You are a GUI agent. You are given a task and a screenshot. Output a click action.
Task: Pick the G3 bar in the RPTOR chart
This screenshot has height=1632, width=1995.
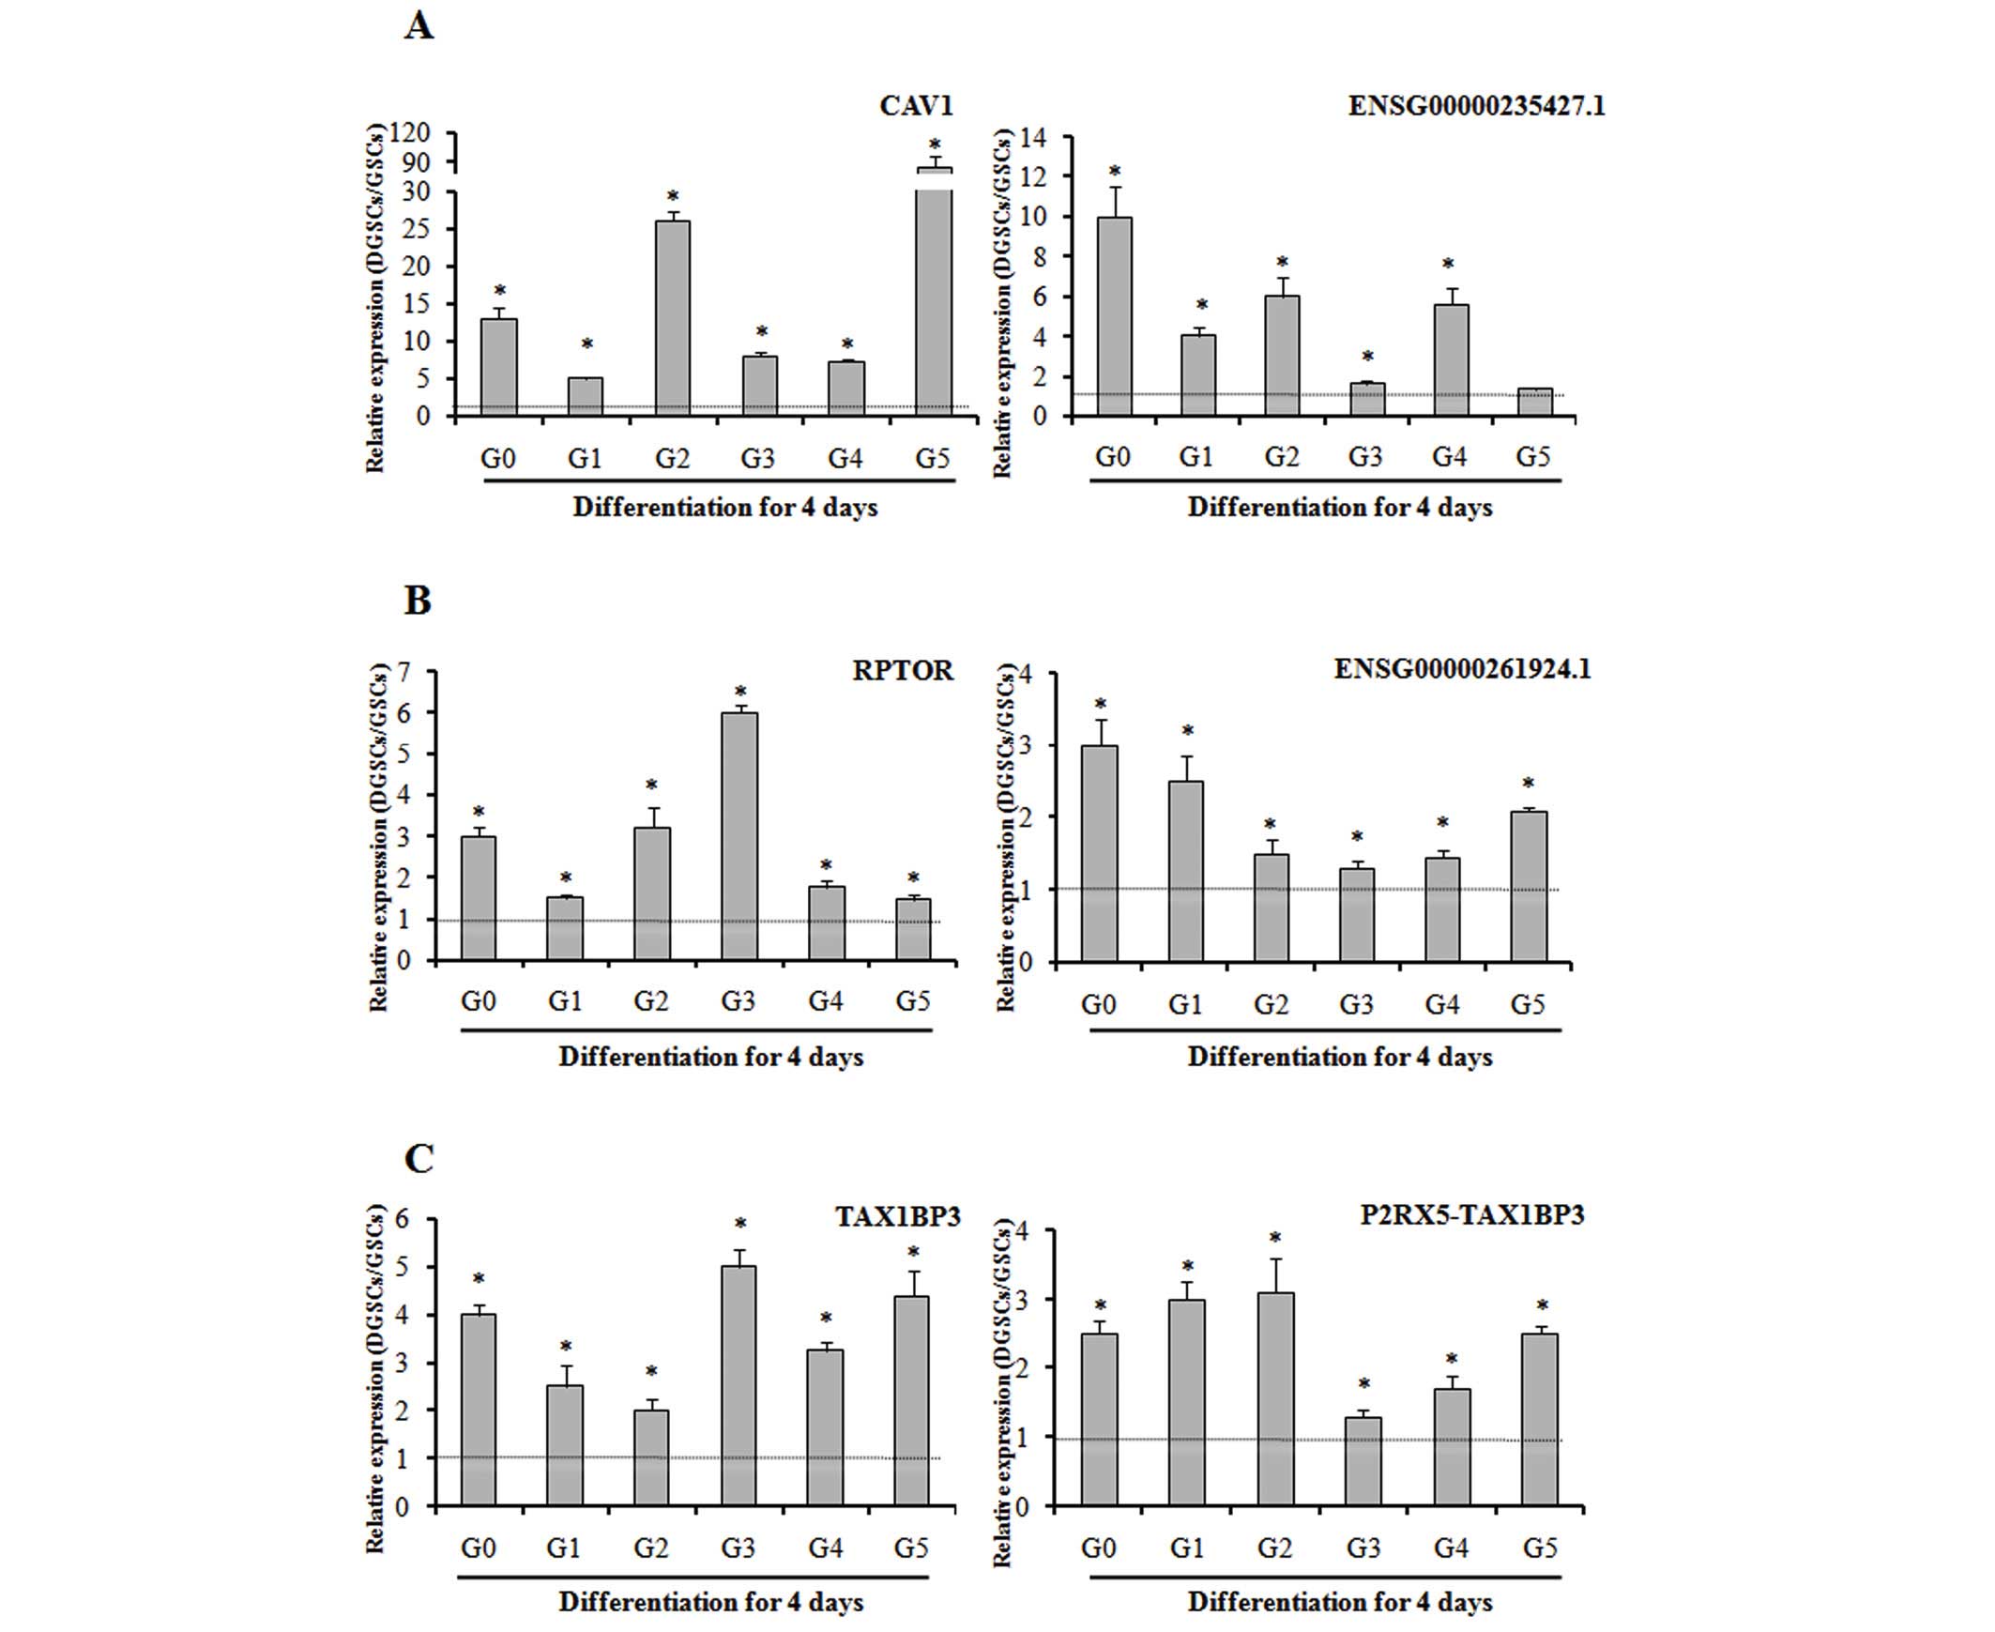(x=739, y=836)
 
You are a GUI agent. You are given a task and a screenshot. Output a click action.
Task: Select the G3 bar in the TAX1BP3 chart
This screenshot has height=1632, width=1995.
(x=738, y=1386)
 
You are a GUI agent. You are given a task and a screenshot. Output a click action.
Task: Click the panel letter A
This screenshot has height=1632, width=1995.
(x=419, y=25)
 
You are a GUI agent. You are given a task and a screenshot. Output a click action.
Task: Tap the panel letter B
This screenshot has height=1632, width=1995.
(x=418, y=600)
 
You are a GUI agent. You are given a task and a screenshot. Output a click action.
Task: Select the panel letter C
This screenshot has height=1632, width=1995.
(x=419, y=1158)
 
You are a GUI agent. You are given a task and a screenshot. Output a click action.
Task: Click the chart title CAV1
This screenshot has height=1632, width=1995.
(x=916, y=106)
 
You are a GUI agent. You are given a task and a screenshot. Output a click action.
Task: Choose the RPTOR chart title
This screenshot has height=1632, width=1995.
(x=903, y=670)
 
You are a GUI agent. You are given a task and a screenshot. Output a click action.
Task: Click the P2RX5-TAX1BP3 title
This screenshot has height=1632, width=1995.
(x=1471, y=1214)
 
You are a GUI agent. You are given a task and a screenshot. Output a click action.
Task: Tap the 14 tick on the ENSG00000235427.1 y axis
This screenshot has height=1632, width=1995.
(x=1032, y=137)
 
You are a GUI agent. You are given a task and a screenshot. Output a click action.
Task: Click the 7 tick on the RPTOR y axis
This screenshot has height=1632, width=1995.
(x=404, y=672)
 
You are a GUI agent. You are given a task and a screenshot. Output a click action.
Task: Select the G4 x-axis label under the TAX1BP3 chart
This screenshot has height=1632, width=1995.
(x=825, y=1548)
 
